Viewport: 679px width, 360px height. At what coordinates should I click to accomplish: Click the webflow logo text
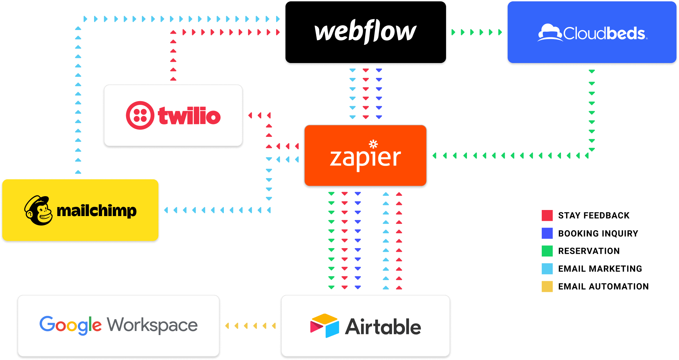pos(365,32)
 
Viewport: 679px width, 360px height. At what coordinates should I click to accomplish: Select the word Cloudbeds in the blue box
pos(604,33)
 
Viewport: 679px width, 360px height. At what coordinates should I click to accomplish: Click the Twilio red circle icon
pos(140,115)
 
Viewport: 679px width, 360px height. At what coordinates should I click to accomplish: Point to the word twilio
pos(189,116)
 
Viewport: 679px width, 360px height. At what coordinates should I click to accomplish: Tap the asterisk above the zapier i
pos(373,144)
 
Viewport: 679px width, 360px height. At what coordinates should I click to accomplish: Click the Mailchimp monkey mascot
pos(38,210)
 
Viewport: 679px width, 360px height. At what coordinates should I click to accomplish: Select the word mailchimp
pos(97,211)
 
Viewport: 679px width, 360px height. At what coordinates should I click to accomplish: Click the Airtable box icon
pos(325,326)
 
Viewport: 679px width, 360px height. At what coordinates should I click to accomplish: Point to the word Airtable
pos(383,327)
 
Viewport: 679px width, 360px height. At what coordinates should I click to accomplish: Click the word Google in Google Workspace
pos(70,325)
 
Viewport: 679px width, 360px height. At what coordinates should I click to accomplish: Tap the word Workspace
pos(152,325)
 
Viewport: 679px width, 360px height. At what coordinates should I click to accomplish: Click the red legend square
pos(547,215)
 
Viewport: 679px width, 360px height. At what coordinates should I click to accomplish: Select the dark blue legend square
pos(547,233)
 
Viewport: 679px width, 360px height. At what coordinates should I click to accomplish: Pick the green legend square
pos(547,251)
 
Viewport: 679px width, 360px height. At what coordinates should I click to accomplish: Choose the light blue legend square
pos(547,269)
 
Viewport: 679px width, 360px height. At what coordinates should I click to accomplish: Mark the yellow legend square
pos(547,287)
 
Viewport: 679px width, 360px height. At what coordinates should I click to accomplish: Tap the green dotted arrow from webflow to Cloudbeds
pos(477,32)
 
